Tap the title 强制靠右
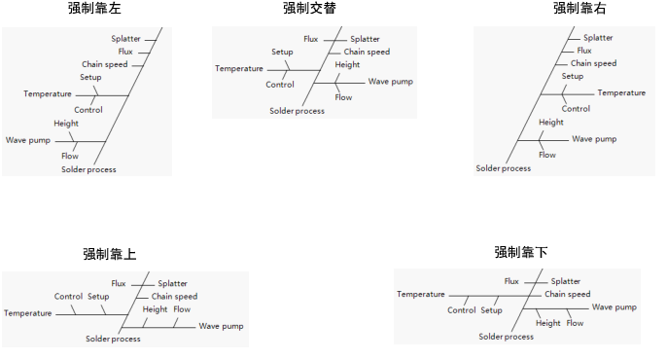pos(573,9)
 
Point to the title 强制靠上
pos(109,254)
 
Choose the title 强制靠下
pos(520,252)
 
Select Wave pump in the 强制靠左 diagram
pos(27,140)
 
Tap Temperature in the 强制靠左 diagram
pos(48,94)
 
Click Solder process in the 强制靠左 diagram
pos(88,170)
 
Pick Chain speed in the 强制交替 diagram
pos(367,53)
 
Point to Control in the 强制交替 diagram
pos(280,85)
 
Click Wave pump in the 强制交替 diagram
pos(390,82)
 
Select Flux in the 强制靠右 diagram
pos(583,51)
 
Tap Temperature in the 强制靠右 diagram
pos(621,93)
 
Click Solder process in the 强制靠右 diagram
pos(503,169)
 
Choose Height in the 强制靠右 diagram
pos(550,123)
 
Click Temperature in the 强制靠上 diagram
pos(28,313)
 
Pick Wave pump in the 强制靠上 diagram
pos(221,326)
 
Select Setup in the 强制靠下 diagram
pos(491,310)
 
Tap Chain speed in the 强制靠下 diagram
pos(567,294)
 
